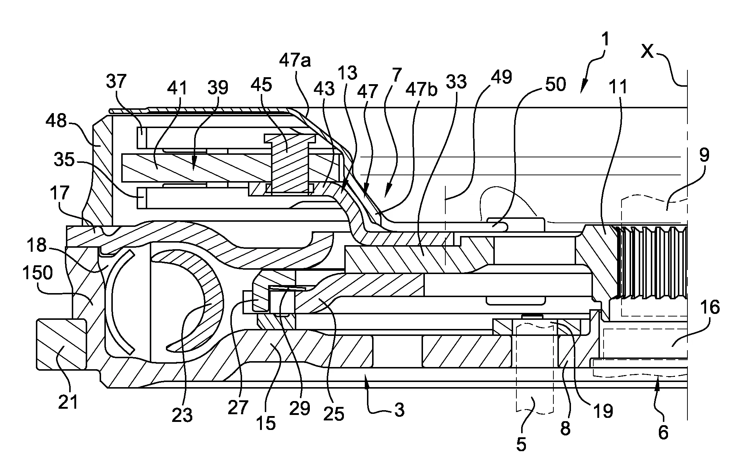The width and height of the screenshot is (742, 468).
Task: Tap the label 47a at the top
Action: [x=295, y=60]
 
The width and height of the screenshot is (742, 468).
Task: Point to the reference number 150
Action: [x=38, y=273]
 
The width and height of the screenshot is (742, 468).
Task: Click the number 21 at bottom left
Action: [x=68, y=402]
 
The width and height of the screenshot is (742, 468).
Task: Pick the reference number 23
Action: [x=182, y=415]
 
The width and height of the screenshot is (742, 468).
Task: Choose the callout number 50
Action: [x=556, y=85]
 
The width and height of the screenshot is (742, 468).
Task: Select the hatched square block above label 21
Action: [x=61, y=344]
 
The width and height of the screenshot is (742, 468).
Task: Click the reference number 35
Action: [x=64, y=160]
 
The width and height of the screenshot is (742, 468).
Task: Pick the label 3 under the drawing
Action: [x=400, y=410]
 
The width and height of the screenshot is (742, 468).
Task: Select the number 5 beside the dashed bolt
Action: [x=521, y=444]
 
